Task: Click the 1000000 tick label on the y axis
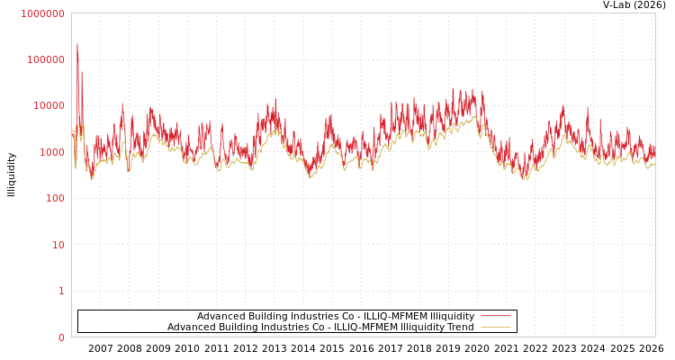pos(42,13)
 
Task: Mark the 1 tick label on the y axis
pos(61,291)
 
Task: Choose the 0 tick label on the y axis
pos(61,337)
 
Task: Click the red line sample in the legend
pos(495,316)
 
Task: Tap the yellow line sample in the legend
pos(495,327)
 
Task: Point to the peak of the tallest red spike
pos(77,44)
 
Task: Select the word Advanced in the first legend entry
pos(220,317)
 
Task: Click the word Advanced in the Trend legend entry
pos(190,328)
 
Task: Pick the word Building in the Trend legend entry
pos(235,328)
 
